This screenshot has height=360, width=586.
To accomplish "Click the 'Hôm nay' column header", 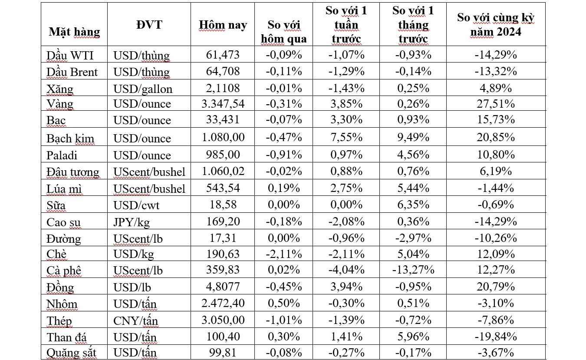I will tap(223, 25).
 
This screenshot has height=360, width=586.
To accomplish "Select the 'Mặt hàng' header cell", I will tap(74, 32).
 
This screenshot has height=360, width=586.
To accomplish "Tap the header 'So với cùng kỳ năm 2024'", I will tap(496, 25).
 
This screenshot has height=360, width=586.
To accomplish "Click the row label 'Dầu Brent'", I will tap(72, 72).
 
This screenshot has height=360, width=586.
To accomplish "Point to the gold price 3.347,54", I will tap(223, 104).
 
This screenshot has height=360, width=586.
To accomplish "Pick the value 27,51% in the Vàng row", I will tap(496, 104).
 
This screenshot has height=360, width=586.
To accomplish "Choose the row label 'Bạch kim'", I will tap(70, 138).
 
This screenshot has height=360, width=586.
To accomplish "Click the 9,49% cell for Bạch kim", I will tap(412, 137).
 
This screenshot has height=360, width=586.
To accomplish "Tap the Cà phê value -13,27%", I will tap(412, 270).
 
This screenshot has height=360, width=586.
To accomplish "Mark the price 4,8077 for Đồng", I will tap(223, 287).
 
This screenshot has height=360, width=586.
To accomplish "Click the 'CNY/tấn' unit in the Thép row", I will tap(136, 320).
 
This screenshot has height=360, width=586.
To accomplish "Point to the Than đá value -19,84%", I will tap(496, 337).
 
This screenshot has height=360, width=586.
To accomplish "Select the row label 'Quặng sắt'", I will tap(71, 352).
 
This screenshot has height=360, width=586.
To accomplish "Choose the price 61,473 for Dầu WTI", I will tap(223, 55).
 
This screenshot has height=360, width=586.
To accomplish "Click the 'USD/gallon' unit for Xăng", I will tap(143, 89).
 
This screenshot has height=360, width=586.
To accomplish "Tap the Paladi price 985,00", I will tap(223, 155).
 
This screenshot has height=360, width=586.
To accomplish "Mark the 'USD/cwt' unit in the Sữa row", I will tap(136, 205).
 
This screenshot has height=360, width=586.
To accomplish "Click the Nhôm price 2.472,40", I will tap(223, 303).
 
